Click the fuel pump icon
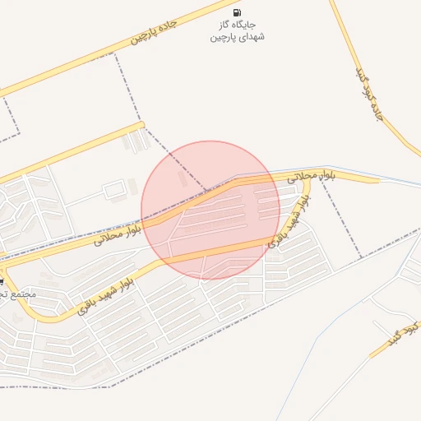pos(237,12)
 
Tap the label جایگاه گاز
pos(237,25)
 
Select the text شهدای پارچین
pos(236,37)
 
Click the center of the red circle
pos(210,210)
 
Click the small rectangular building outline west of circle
pos(113,190)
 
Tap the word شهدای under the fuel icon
pos(250,37)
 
